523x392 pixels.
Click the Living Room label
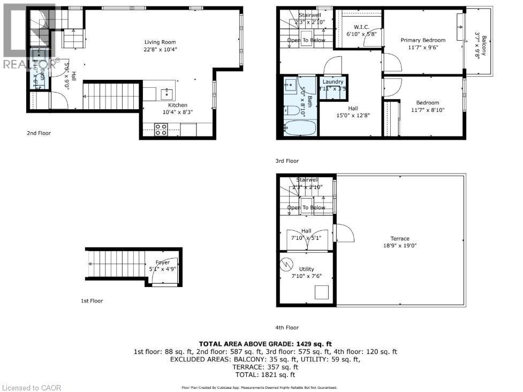tap(160, 42)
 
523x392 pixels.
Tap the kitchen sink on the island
tap(166, 94)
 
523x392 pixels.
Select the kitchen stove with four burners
tap(161, 130)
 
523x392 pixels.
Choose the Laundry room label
tap(332, 82)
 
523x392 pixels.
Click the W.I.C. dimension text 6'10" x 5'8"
tap(362, 34)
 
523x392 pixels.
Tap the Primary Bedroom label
tap(423, 40)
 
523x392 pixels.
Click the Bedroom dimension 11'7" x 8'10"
tap(427, 110)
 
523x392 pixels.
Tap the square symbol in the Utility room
tap(322, 292)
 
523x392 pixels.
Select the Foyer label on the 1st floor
tap(163, 262)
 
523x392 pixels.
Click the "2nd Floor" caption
tap(39, 133)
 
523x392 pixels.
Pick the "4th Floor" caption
tap(288, 327)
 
